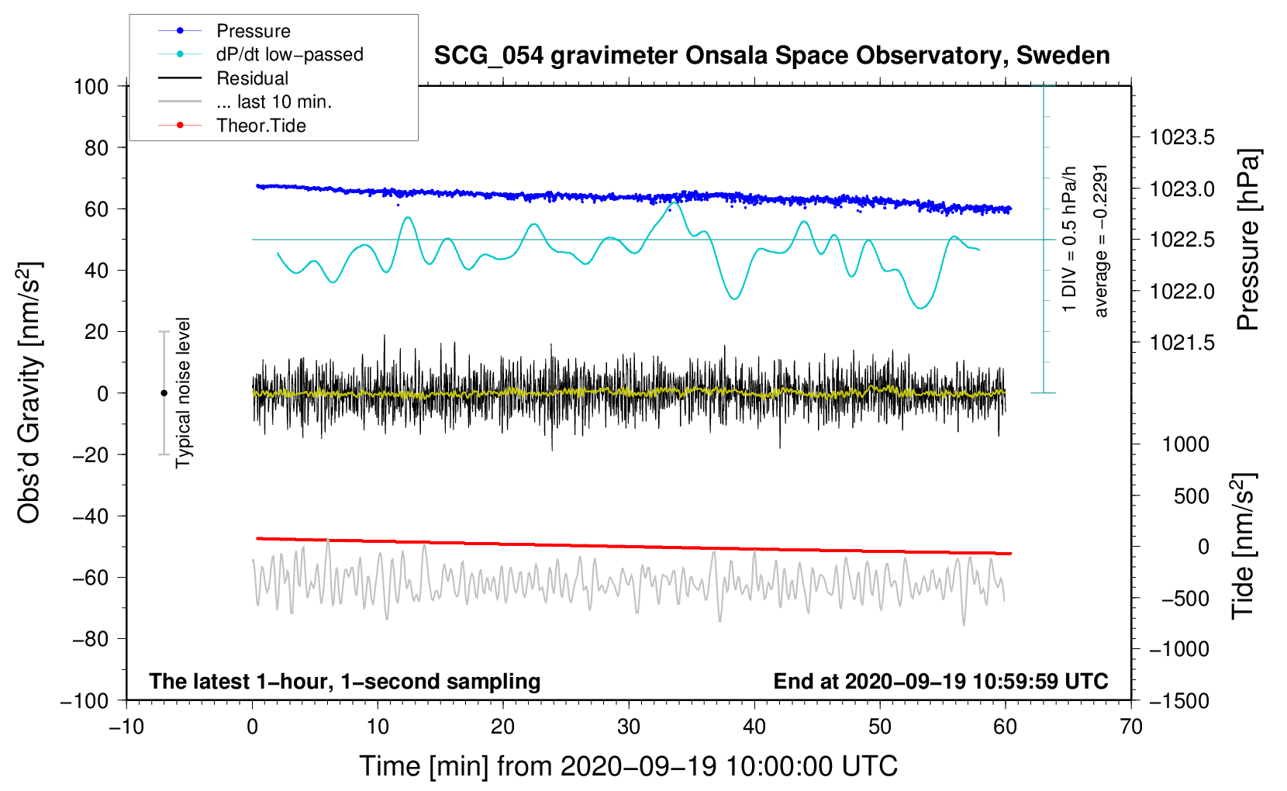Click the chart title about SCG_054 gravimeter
(x=771, y=56)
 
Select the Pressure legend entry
(x=253, y=31)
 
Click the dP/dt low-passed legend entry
(x=289, y=54)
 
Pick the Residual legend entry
(x=252, y=78)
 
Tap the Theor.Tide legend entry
(x=261, y=126)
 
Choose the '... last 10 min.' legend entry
(x=274, y=102)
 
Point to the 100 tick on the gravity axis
(x=91, y=86)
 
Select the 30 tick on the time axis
(x=629, y=727)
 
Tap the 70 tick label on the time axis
(x=1131, y=727)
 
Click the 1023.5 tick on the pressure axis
(x=1182, y=138)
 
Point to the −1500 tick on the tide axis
(x=1178, y=701)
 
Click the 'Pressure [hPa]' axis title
(x=1248, y=240)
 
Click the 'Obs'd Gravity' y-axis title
(x=29, y=393)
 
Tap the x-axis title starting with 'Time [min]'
(x=628, y=766)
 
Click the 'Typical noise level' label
(x=183, y=392)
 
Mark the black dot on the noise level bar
(x=164, y=393)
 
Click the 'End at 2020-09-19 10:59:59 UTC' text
(x=940, y=681)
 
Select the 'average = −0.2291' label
(x=1101, y=240)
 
